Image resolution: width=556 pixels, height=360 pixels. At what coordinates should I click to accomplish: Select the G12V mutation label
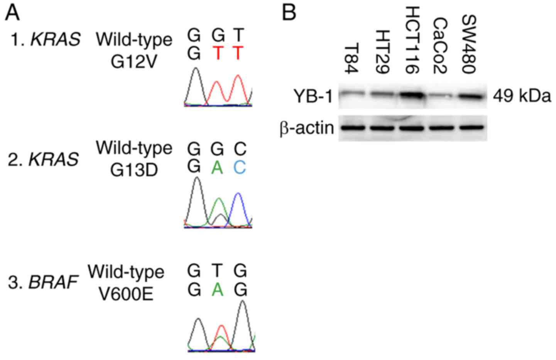134,61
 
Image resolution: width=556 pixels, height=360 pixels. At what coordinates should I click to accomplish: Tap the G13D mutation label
134,170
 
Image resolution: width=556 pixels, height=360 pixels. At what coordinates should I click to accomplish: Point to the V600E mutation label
126,294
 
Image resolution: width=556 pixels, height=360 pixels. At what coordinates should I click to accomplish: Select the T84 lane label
351,59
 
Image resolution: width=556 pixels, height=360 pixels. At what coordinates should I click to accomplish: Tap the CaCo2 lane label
440,46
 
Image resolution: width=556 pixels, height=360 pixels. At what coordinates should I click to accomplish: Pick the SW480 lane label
469,44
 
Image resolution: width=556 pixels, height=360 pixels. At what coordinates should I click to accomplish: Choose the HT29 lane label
382,52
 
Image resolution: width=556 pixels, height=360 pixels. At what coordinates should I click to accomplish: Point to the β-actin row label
307,128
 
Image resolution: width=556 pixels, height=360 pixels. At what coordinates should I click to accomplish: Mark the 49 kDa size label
522,96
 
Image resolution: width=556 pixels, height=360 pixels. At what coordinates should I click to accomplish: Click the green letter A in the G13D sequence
217,167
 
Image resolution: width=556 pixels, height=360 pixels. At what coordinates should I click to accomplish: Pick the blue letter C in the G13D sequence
239,167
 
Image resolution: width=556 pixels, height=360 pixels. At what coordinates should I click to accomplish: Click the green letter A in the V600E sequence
217,289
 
